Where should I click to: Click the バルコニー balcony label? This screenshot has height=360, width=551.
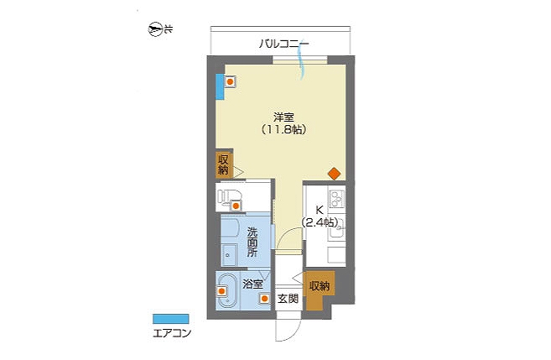coord(284,44)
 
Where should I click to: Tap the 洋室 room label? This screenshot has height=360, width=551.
coord(283,117)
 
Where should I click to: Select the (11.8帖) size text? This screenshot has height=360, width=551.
coord(284,130)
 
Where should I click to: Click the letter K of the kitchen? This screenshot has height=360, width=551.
coord(320,211)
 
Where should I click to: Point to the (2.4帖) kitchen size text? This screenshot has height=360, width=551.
coord(320,222)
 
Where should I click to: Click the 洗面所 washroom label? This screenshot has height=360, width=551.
coord(252,243)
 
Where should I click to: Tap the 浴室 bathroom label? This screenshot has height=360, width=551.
coord(252,284)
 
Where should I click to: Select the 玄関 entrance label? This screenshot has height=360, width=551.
coord(288,299)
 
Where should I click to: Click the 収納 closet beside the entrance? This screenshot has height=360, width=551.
coord(320,286)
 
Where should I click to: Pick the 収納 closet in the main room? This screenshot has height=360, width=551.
coord(224,164)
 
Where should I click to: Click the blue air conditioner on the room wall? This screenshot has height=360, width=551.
coord(220,86)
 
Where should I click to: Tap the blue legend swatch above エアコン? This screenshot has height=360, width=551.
coord(171,319)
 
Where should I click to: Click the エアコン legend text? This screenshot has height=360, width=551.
coord(172,333)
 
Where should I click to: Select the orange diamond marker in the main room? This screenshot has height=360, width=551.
coord(334,174)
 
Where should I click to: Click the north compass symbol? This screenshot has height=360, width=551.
coord(155,29)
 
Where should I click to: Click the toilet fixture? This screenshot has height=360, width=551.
coord(228,198)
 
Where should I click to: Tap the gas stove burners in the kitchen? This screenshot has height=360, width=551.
coord(336,197)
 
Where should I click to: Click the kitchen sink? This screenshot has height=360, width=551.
coord(336,231)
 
